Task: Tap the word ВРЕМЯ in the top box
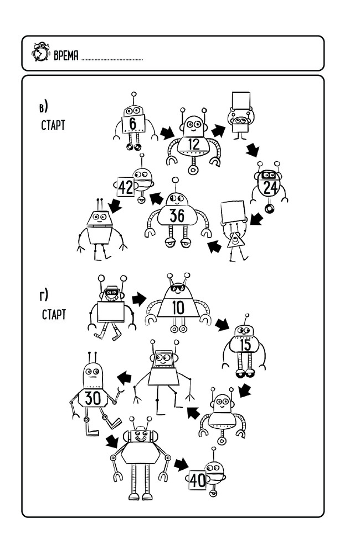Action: [65, 54]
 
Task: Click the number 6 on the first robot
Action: [133, 124]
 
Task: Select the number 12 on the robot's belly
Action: [193, 144]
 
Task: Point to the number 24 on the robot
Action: [270, 187]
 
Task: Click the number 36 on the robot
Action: [177, 215]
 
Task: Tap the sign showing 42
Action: [126, 187]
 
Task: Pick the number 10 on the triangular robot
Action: [178, 306]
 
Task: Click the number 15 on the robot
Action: [245, 345]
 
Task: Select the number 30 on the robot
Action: [93, 397]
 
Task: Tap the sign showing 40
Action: [198, 480]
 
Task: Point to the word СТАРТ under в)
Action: [53, 125]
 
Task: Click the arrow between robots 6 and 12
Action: [166, 133]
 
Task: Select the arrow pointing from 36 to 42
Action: [157, 198]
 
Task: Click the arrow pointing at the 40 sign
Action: [181, 464]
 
